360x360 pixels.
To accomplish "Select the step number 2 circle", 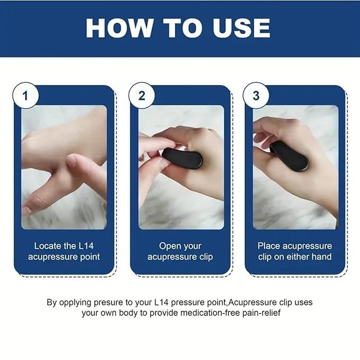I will pos(142,96).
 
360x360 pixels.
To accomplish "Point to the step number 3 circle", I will pos(256,96).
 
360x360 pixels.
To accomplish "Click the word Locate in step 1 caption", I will pos(49,246).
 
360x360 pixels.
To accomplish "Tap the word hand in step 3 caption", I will pos(321,257).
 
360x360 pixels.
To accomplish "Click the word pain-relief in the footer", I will pos(260,313).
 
